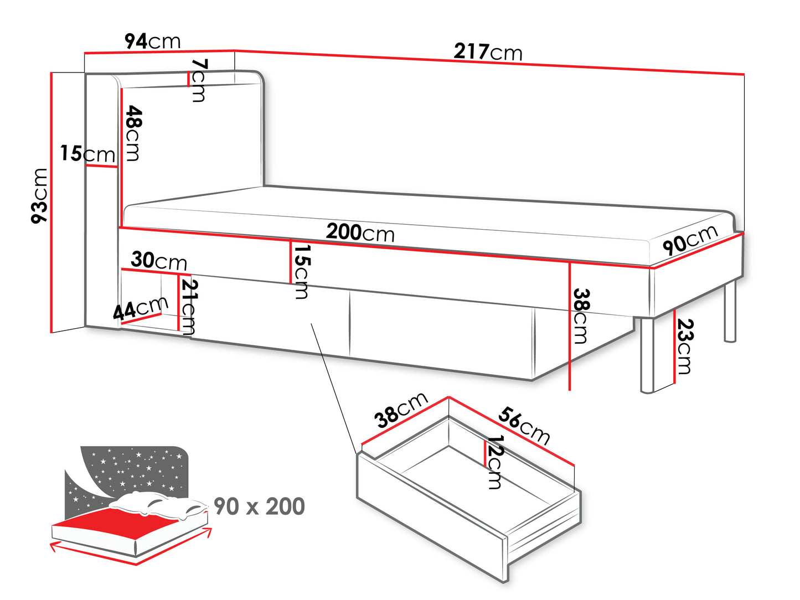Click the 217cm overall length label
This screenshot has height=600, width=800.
click(488, 51)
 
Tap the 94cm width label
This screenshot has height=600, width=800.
click(152, 41)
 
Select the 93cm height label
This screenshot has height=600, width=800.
click(40, 196)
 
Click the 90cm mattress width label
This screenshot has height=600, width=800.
click(690, 240)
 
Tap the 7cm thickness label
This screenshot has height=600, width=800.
click(198, 80)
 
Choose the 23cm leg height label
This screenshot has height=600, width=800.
click(685, 346)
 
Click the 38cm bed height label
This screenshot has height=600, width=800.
click(581, 316)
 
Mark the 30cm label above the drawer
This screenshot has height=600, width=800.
click(159, 260)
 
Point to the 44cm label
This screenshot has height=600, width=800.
click(141, 308)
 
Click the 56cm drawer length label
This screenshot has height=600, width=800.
click(524, 425)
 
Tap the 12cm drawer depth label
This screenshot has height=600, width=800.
click(494, 462)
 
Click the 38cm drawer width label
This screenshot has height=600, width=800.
click(401, 410)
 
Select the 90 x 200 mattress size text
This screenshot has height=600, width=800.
click(259, 506)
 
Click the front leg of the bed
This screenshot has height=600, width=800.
click(647, 355)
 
